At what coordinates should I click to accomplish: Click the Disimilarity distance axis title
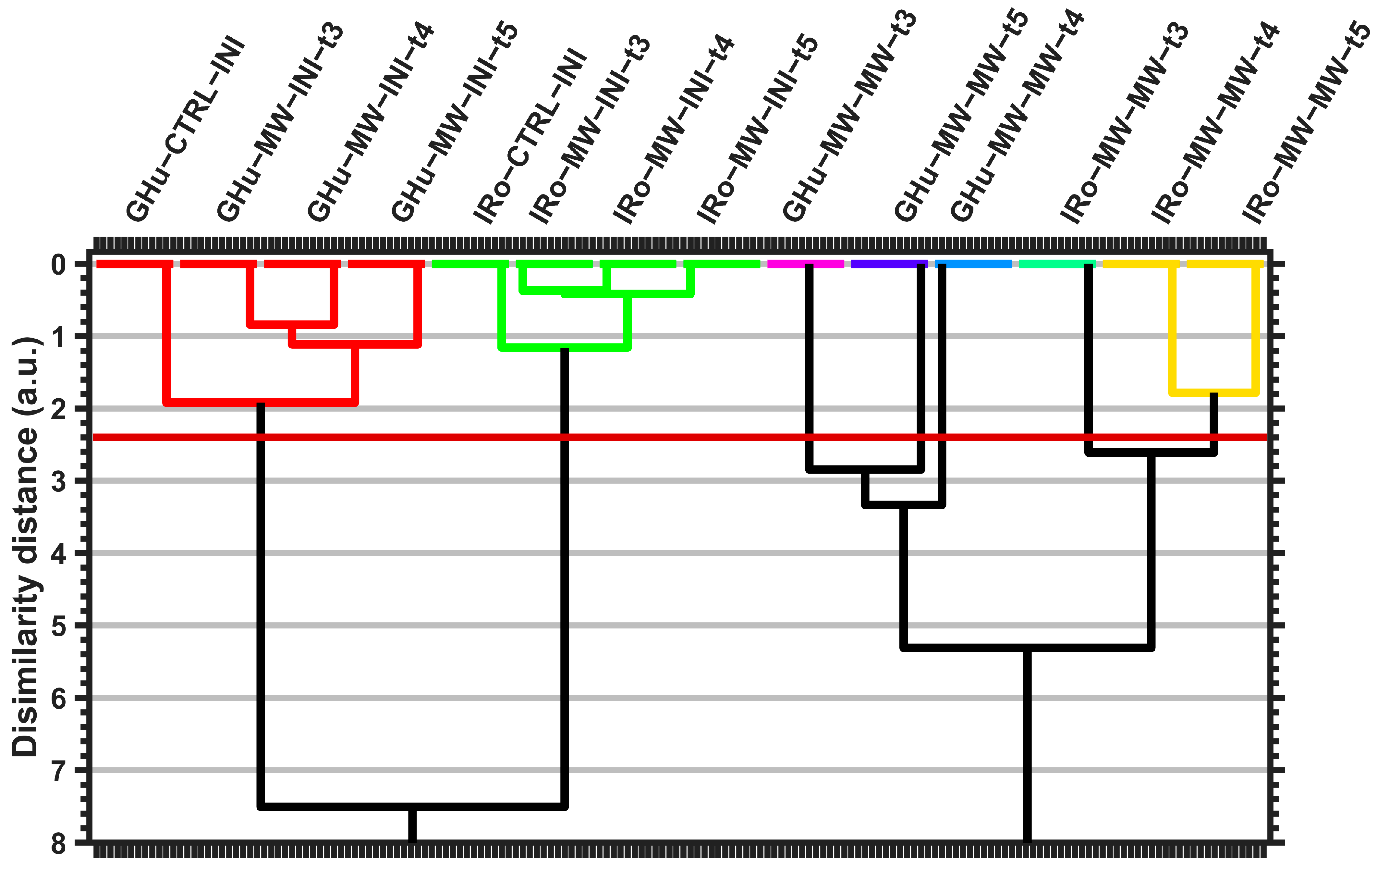pyautogui.click(x=25, y=546)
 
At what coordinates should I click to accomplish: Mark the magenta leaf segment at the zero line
pyautogui.click(x=805, y=264)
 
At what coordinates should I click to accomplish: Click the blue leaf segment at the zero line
pyautogui.click(x=973, y=264)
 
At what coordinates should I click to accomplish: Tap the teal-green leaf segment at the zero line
pyautogui.click(x=1057, y=264)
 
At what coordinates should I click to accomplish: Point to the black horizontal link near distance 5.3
pyautogui.click(x=1027, y=648)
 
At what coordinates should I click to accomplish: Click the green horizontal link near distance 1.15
pyautogui.click(x=565, y=347)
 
